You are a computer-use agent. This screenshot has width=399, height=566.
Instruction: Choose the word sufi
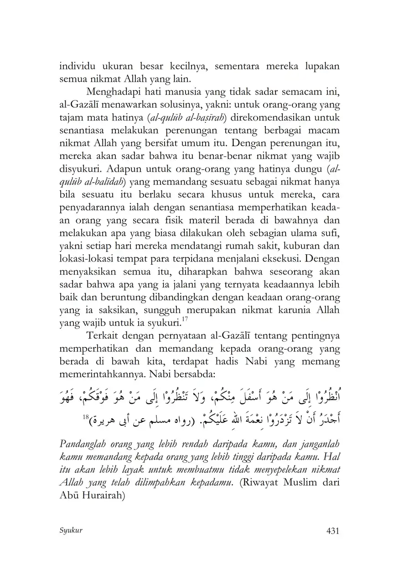pos(332,233)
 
